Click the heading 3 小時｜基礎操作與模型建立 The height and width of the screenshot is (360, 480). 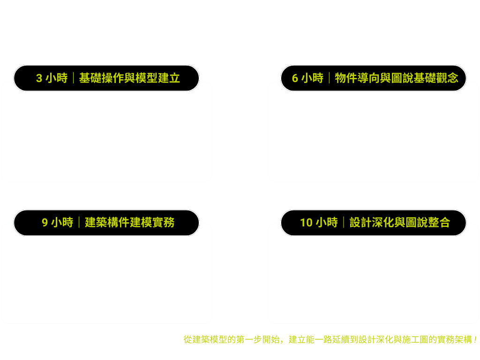click(108, 78)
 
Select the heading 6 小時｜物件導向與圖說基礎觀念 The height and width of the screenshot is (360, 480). click(375, 78)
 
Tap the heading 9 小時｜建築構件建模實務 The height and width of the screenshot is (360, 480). click(108, 222)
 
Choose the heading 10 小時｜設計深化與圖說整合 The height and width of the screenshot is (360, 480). click(375, 222)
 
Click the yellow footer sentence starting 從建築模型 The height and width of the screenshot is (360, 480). click(330, 339)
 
